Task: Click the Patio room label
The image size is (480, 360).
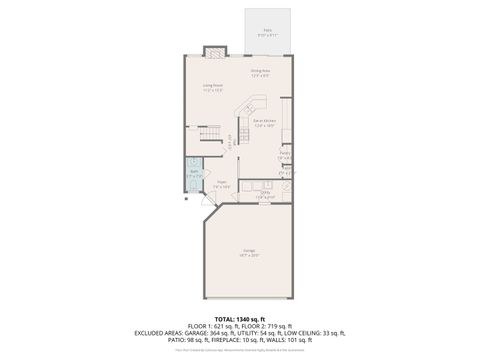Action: click(x=268, y=33)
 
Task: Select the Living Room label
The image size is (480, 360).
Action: click(x=212, y=87)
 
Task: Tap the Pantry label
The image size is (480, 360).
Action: click(x=285, y=156)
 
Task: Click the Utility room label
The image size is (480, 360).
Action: click(x=265, y=196)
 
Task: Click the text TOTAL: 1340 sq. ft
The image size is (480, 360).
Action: click(x=240, y=317)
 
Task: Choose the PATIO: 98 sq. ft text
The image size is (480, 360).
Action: click(x=184, y=340)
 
